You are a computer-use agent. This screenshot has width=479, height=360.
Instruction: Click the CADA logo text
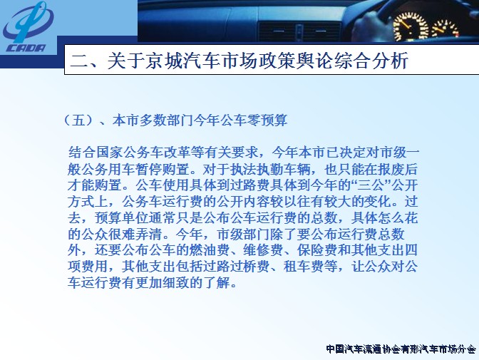[26, 48]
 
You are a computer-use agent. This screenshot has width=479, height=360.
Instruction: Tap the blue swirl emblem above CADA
[28, 22]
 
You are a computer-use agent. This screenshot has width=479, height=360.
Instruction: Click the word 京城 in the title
[163, 60]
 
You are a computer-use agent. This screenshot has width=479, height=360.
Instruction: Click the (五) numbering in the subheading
[78, 120]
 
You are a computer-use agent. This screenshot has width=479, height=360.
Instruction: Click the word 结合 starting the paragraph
[81, 153]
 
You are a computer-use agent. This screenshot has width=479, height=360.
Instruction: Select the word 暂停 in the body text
[149, 169]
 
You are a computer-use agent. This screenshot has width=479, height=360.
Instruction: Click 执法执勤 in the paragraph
[257, 169]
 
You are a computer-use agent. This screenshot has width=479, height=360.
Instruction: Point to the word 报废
[391, 169]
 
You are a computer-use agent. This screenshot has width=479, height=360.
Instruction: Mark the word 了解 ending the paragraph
[217, 283]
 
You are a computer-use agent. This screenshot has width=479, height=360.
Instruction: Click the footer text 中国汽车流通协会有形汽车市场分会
[401, 349]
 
